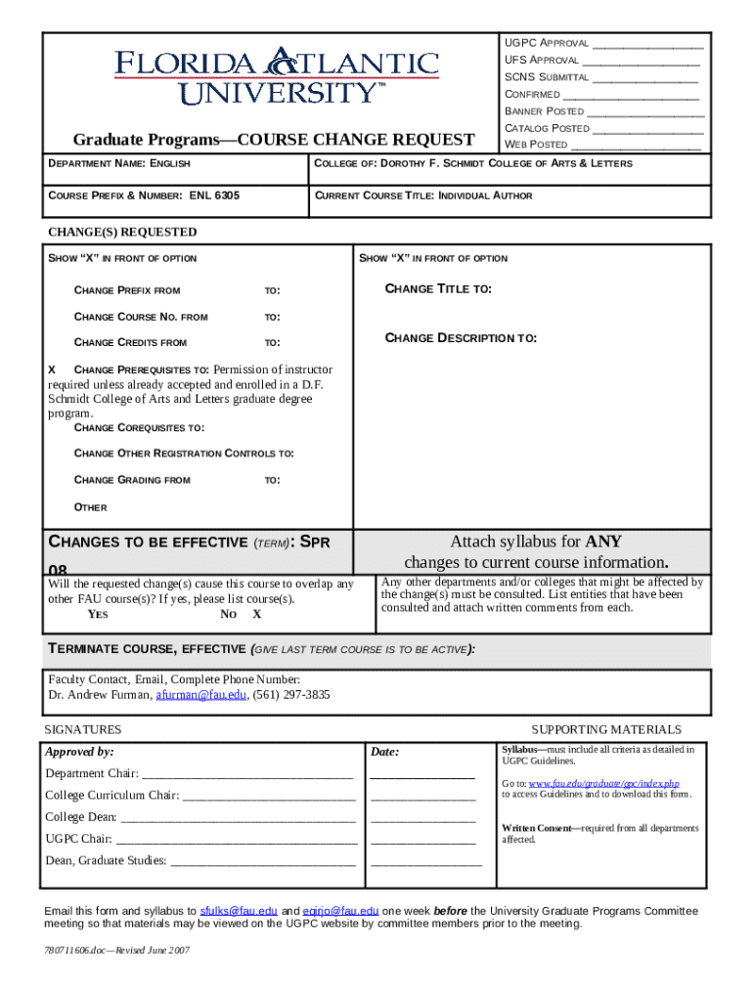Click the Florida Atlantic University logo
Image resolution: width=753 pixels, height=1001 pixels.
pos(278,75)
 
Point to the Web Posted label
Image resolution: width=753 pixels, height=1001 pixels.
pos(535,145)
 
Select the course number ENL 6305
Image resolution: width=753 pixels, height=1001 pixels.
pos(214,196)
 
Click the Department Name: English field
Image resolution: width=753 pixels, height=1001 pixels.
pos(119,163)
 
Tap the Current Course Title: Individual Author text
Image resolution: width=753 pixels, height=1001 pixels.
pos(423,196)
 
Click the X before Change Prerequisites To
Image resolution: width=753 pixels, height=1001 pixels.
pos(53,370)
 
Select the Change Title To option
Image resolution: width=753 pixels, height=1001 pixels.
pos(438,289)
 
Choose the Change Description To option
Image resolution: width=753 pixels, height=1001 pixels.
pos(461,338)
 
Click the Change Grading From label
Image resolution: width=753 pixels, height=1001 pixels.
pos(132,480)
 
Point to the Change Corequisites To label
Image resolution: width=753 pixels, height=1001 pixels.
pos(139,428)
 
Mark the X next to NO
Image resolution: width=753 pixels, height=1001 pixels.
pos(257,615)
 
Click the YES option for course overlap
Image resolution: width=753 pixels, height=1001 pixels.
pos(98,615)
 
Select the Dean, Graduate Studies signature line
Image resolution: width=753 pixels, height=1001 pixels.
pos(262,862)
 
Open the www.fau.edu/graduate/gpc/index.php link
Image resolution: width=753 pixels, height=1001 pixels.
pos(603,784)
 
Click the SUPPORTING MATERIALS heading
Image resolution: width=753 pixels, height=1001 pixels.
pos(605,730)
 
